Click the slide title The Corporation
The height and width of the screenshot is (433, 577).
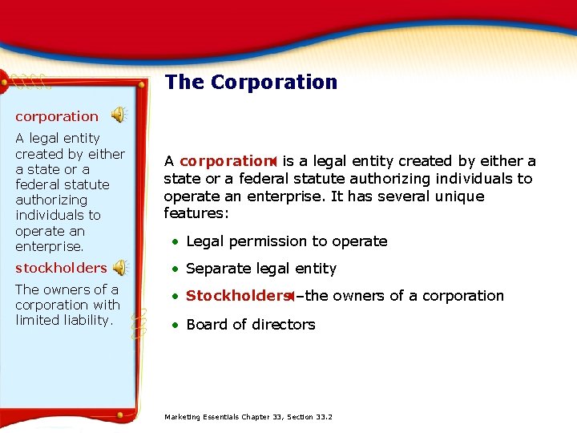251,83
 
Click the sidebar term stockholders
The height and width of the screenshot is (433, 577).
61,268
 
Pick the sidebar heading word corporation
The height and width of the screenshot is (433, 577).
57,116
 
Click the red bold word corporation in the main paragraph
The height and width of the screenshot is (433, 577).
224,161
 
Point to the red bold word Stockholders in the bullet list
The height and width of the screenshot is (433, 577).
236,296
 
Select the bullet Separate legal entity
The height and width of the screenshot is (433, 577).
261,269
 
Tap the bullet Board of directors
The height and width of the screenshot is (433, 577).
251,325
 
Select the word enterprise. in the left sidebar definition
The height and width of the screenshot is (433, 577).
50,246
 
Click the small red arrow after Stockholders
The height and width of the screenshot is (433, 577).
292,296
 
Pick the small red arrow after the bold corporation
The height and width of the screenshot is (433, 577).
273,161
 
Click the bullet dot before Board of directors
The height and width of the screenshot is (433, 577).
174,325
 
